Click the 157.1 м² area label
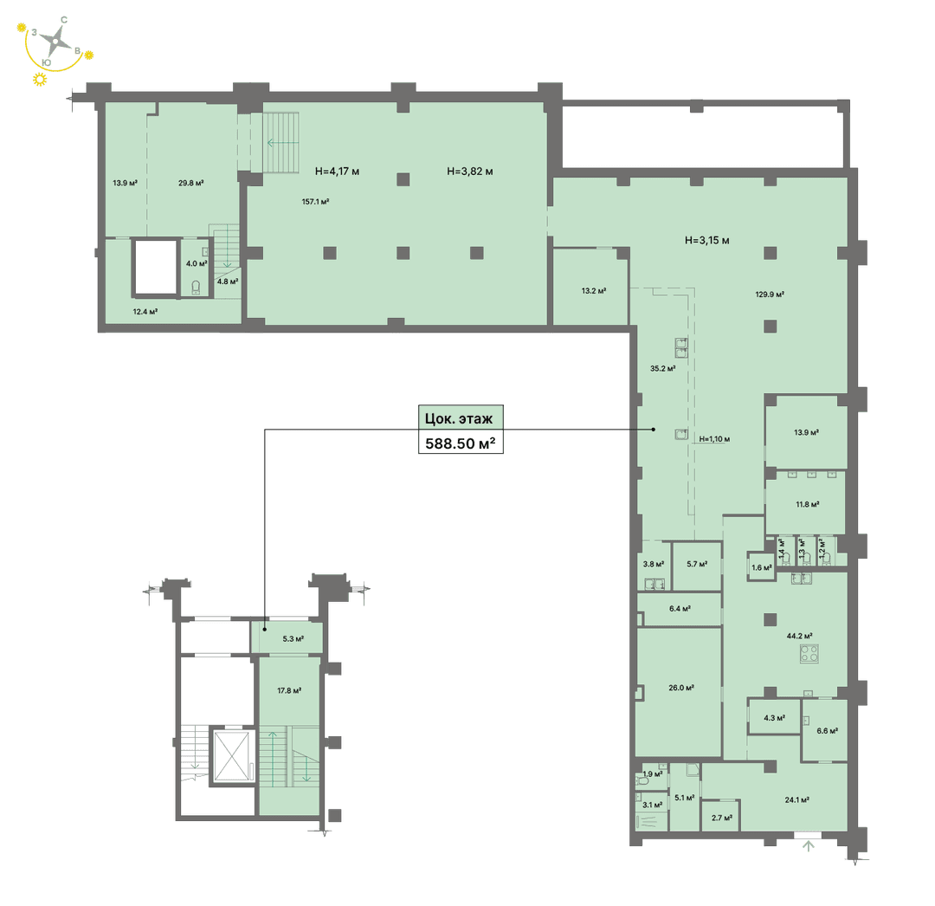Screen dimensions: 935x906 315,202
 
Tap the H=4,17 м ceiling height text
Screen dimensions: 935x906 337,171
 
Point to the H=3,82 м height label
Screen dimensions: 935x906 470,171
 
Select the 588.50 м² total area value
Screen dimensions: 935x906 461,443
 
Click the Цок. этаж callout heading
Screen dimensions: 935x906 459,418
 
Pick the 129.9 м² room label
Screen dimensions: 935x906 770,294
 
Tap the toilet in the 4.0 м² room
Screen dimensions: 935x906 197,288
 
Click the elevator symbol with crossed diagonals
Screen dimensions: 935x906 232,755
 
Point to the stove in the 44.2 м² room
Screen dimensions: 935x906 809,653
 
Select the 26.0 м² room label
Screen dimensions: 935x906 681,688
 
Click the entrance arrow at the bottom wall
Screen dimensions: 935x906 809,845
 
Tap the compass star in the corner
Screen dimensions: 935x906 56,41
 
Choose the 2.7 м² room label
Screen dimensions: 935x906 721,818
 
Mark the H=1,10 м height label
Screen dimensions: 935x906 714,439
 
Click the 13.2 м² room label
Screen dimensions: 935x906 594,291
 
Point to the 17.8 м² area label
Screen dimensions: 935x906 289,690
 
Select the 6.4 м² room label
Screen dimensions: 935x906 680,609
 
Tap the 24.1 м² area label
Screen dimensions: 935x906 796,799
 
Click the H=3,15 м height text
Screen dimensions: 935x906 707,241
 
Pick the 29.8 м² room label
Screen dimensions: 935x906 190,183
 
